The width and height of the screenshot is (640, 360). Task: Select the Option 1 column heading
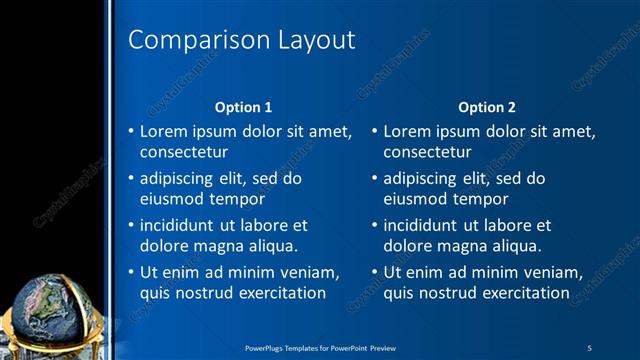(244, 106)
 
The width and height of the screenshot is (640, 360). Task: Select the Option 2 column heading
(487, 106)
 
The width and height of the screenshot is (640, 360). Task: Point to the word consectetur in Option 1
(184, 153)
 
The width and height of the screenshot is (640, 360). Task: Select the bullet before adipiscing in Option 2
(374, 179)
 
